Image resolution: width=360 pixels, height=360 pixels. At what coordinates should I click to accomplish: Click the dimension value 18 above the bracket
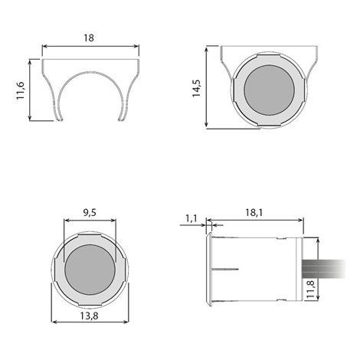(89, 38)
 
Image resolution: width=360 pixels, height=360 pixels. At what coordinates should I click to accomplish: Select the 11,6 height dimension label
(21, 90)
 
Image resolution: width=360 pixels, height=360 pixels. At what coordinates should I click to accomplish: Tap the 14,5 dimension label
(197, 88)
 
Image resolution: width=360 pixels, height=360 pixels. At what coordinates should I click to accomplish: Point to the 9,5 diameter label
(90, 212)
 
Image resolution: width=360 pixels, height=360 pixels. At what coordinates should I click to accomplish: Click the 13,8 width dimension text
(89, 316)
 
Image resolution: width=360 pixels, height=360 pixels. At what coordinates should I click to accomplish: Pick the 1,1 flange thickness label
(191, 218)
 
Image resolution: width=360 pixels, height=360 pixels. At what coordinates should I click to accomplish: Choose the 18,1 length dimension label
(254, 212)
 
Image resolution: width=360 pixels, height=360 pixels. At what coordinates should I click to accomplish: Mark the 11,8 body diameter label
(310, 289)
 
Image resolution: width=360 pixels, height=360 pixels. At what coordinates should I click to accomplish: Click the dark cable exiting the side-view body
(324, 269)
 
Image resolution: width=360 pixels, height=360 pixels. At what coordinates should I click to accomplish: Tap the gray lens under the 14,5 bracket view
(270, 90)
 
